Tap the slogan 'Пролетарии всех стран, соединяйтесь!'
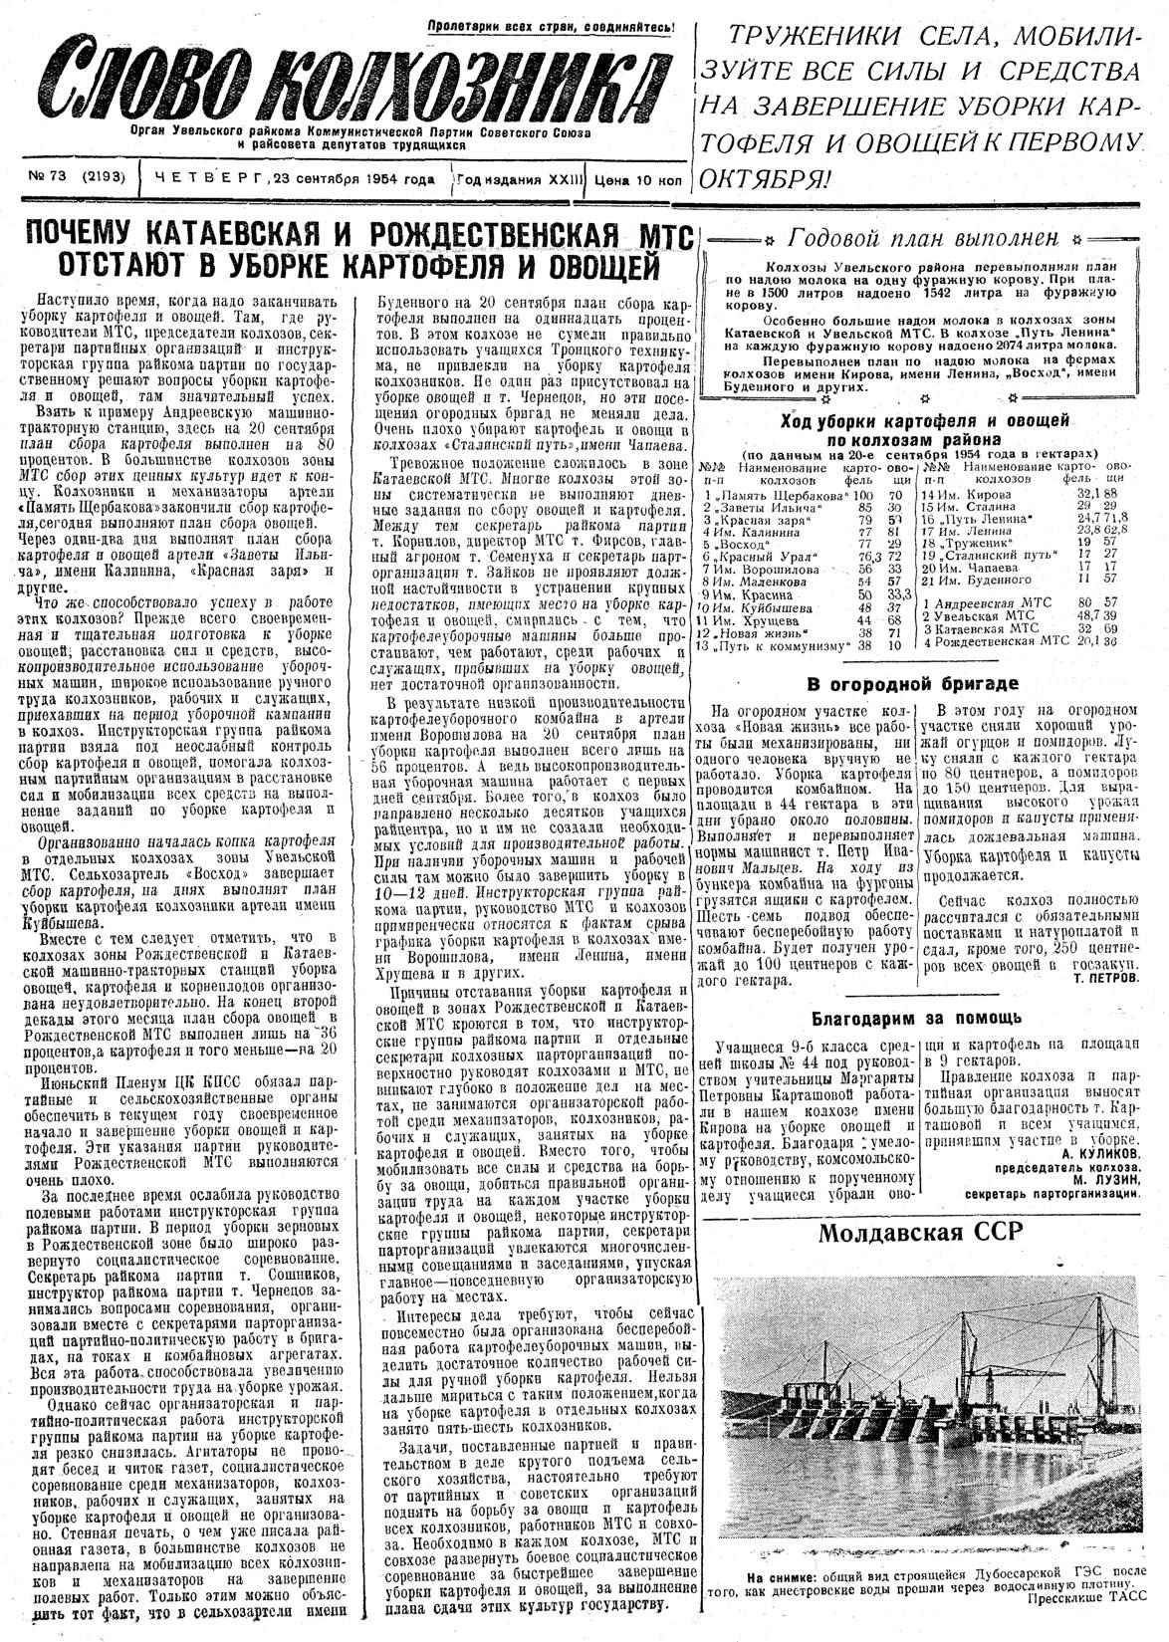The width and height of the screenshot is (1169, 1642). (x=551, y=27)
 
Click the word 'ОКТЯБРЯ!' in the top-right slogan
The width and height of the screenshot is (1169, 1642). (x=766, y=179)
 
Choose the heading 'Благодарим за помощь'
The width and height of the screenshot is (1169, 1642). (x=914, y=1018)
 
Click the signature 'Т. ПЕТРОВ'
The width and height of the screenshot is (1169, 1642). (x=1105, y=978)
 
